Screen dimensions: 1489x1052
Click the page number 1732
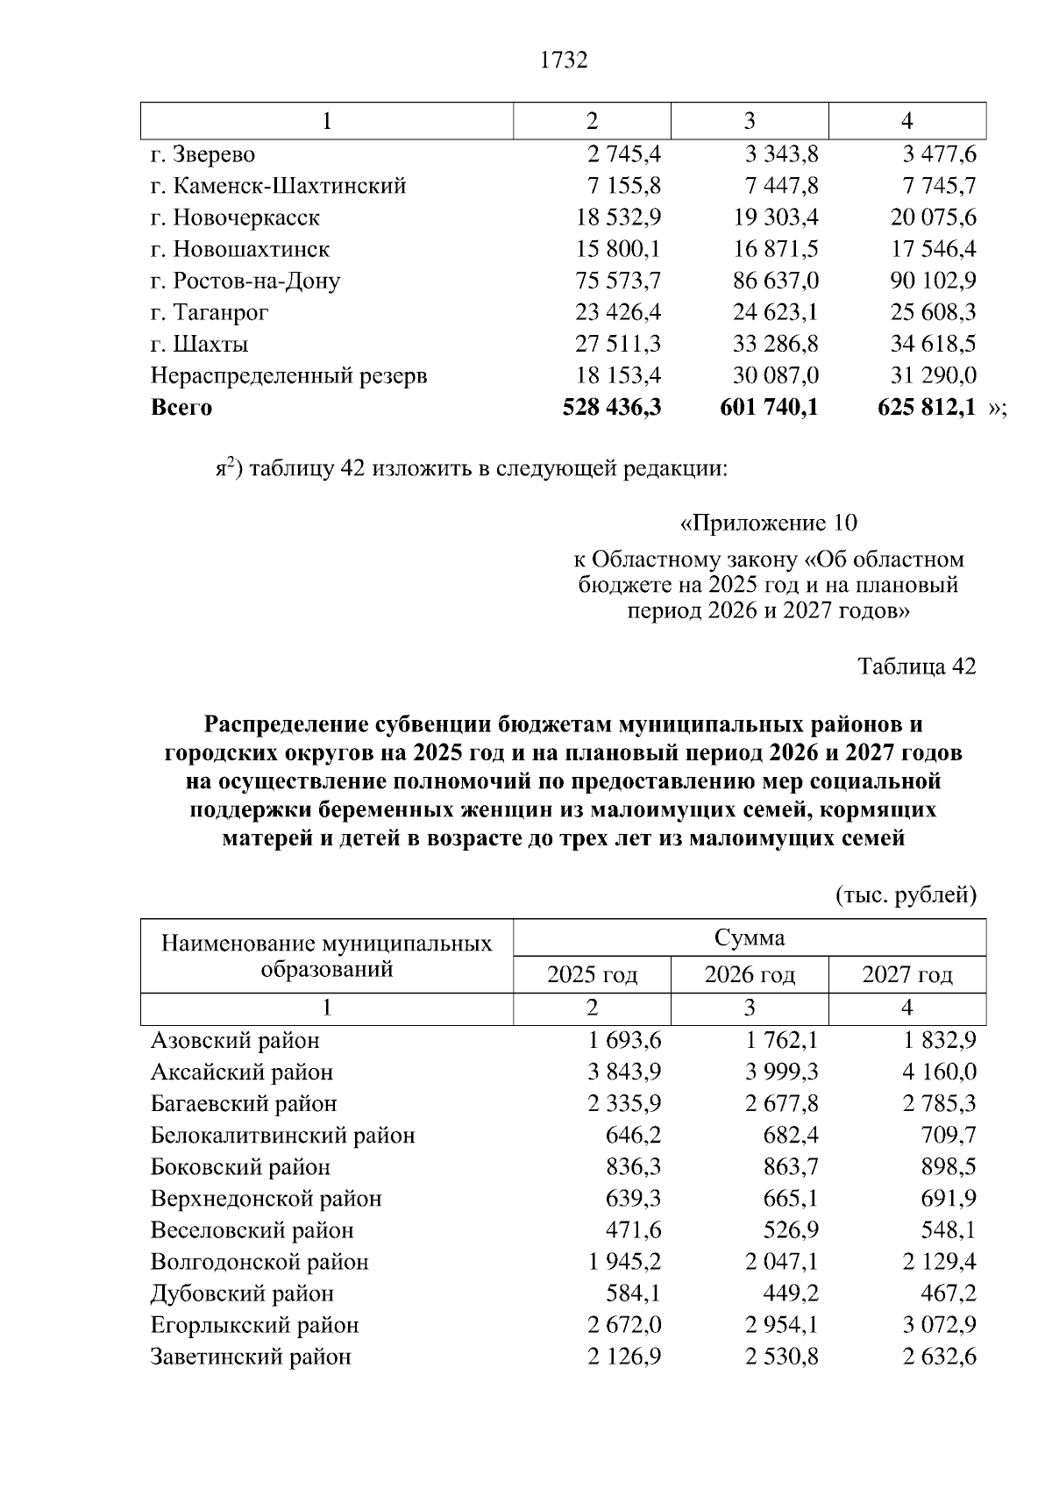564,61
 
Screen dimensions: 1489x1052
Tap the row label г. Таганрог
210,312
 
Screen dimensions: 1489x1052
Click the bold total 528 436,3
611,408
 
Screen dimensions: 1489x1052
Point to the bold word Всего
181,408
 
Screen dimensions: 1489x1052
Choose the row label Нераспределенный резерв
289,376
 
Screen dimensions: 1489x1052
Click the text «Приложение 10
768,524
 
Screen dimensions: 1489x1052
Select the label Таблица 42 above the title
916,666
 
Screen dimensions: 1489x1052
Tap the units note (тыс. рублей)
906,895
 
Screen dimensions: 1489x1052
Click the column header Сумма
750,937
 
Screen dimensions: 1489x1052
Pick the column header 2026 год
750,974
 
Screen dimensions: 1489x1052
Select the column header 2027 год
907,974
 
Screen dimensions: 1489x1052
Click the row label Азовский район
235,1041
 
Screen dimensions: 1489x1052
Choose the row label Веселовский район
252,1230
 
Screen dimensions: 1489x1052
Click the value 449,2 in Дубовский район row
791,1293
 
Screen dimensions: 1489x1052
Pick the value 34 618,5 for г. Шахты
933,344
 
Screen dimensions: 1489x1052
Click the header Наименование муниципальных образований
327,956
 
